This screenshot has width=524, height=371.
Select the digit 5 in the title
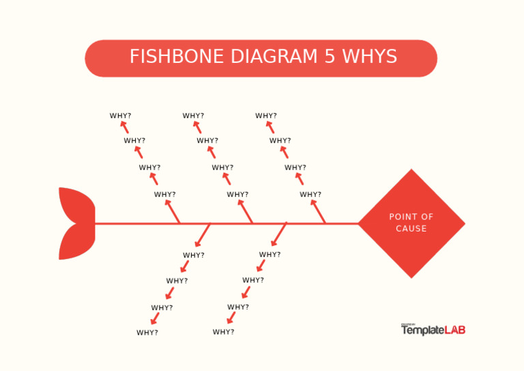330,57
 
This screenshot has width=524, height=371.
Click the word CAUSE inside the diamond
411,229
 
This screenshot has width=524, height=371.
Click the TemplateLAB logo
433,329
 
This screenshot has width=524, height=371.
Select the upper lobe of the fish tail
78,204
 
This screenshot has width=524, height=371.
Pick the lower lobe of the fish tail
78,242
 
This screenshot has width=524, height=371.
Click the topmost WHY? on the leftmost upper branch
121,116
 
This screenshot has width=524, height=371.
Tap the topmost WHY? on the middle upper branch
194,116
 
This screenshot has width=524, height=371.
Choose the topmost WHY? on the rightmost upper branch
266,116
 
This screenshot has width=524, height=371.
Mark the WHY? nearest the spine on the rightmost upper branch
310,195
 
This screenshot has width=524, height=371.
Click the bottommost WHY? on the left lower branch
147,333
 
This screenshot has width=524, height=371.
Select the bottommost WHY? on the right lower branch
223,332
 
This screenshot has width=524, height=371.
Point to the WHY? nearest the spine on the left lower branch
194,256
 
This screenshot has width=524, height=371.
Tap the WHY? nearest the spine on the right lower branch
270,255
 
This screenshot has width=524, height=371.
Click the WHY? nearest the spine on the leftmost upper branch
165,195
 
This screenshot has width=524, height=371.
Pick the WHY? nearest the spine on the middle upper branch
238,195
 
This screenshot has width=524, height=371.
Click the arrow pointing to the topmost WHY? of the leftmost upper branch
125,128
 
